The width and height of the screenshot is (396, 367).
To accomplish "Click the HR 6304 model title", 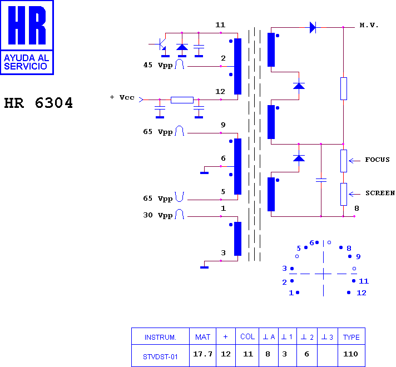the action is [x=38, y=103].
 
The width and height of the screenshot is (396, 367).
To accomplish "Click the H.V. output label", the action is [x=369, y=25].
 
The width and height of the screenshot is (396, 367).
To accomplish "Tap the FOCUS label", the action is [x=377, y=160].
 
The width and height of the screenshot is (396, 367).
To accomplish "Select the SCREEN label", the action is [x=380, y=193].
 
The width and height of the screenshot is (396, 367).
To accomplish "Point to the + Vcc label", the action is [x=122, y=97].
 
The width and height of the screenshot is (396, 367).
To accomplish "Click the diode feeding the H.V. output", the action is [x=313, y=27].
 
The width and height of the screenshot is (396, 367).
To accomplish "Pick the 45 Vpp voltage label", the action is [x=158, y=65].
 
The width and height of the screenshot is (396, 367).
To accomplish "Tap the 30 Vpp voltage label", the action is [x=158, y=215].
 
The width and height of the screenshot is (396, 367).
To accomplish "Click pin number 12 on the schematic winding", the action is [x=220, y=91].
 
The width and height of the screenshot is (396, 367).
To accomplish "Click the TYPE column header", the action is [x=352, y=337].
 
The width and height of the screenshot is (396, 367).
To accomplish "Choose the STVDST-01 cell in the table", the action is [x=160, y=356].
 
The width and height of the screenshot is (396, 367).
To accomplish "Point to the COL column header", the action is [x=247, y=336].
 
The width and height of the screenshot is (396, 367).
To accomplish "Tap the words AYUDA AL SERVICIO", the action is [x=27, y=62].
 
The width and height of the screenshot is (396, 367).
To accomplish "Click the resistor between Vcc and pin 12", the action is [x=182, y=100].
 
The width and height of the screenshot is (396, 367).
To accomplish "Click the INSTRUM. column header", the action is [x=160, y=337].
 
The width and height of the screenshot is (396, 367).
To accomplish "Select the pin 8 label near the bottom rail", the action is [x=357, y=209].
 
